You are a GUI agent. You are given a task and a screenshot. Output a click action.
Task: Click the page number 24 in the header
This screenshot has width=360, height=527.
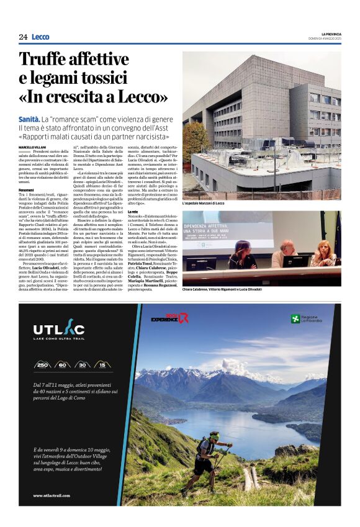click(x=23, y=37)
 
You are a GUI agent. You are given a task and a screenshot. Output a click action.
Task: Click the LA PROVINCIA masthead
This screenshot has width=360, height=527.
click(x=331, y=34)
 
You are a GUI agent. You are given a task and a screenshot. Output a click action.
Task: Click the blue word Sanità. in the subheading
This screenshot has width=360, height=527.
click(x=30, y=117)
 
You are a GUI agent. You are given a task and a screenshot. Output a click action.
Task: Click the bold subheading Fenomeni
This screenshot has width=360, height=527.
click(x=27, y=189)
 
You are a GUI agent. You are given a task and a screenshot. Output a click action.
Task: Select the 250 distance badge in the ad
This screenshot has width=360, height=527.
click(x=44, y=364)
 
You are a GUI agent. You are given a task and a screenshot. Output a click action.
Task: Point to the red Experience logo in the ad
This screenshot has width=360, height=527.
click(x=169, y=318)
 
